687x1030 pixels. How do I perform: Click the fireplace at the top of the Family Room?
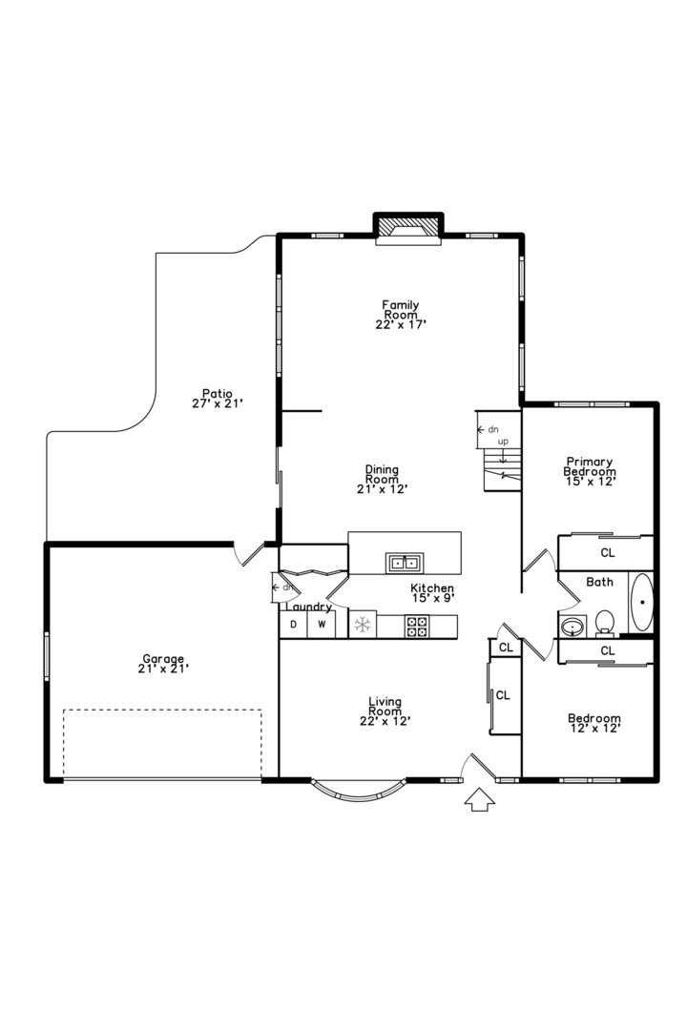tap(407, 228)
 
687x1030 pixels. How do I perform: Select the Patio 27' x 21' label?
tap(218, 399)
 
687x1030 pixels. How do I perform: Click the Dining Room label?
tap(382, 479)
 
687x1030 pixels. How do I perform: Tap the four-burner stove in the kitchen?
tap(417, 626)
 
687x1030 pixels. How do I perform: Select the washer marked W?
tap(322, 626)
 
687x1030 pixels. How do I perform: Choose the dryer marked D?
tap(294, 626)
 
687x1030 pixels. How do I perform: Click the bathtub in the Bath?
tap(642, 602)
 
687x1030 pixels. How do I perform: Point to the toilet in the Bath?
tap(604, 623)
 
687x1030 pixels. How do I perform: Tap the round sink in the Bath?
tap(572, 627)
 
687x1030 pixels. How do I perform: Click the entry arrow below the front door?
tap(479, 799)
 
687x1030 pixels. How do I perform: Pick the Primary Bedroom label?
tap(589, 469)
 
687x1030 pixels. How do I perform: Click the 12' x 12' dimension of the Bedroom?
tap(594, 729)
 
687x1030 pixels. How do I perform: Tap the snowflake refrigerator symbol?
tap(362, 626)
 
